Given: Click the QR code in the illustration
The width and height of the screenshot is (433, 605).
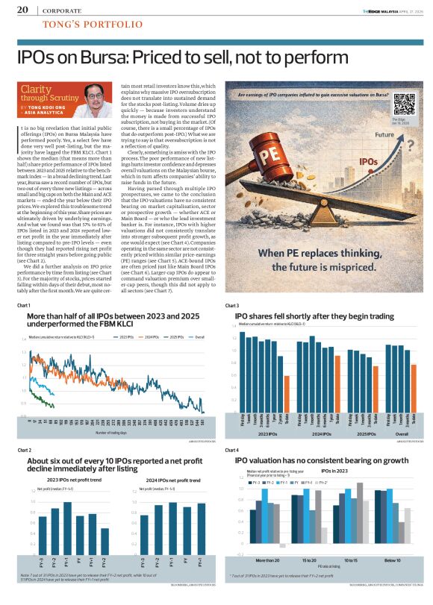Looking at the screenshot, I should click(399, 103).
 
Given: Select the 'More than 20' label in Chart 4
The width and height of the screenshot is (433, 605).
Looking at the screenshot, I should click(267, 559).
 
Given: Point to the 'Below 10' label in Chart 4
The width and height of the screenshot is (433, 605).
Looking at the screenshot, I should click(392, 559).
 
